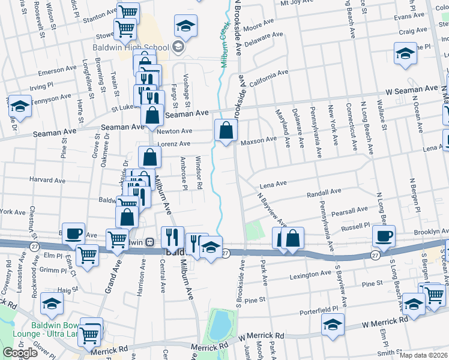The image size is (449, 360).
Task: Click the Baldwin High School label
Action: coord(130,47)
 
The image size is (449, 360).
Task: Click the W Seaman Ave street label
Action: coord(411,88)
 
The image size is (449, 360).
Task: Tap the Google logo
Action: coord(20,353)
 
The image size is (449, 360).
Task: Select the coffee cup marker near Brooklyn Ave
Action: coord(384,235)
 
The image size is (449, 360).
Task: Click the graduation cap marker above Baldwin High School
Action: coord(186,26)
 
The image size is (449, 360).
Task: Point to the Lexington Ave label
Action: coord(311,274)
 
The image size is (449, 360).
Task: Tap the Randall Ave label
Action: coord(324,193)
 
